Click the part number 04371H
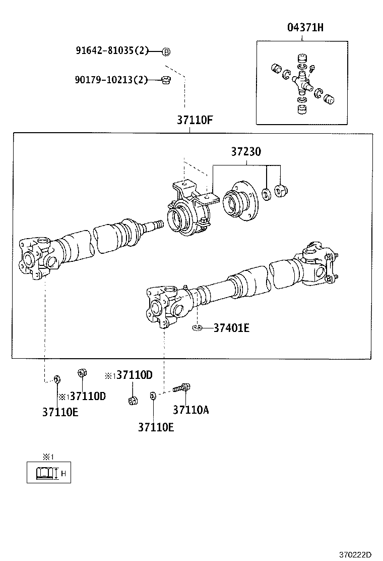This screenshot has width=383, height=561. [x=305, y=28]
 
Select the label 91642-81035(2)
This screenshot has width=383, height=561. [x=112, y=51]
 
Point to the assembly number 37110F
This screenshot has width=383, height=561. [x=195, y=121]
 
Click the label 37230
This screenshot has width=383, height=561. [x=246, y=151]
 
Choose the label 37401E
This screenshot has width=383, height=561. [x=231, y=328]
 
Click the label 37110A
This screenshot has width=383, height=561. [x=190, y=410]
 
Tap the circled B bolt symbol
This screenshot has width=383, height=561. [x=166, y=51]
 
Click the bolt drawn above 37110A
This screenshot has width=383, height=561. [x=181, y=388]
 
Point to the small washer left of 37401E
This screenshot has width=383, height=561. [x=197, y=328]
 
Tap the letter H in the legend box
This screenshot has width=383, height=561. [x=63, y=473]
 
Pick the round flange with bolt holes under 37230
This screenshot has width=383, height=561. [x=239, y=203]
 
